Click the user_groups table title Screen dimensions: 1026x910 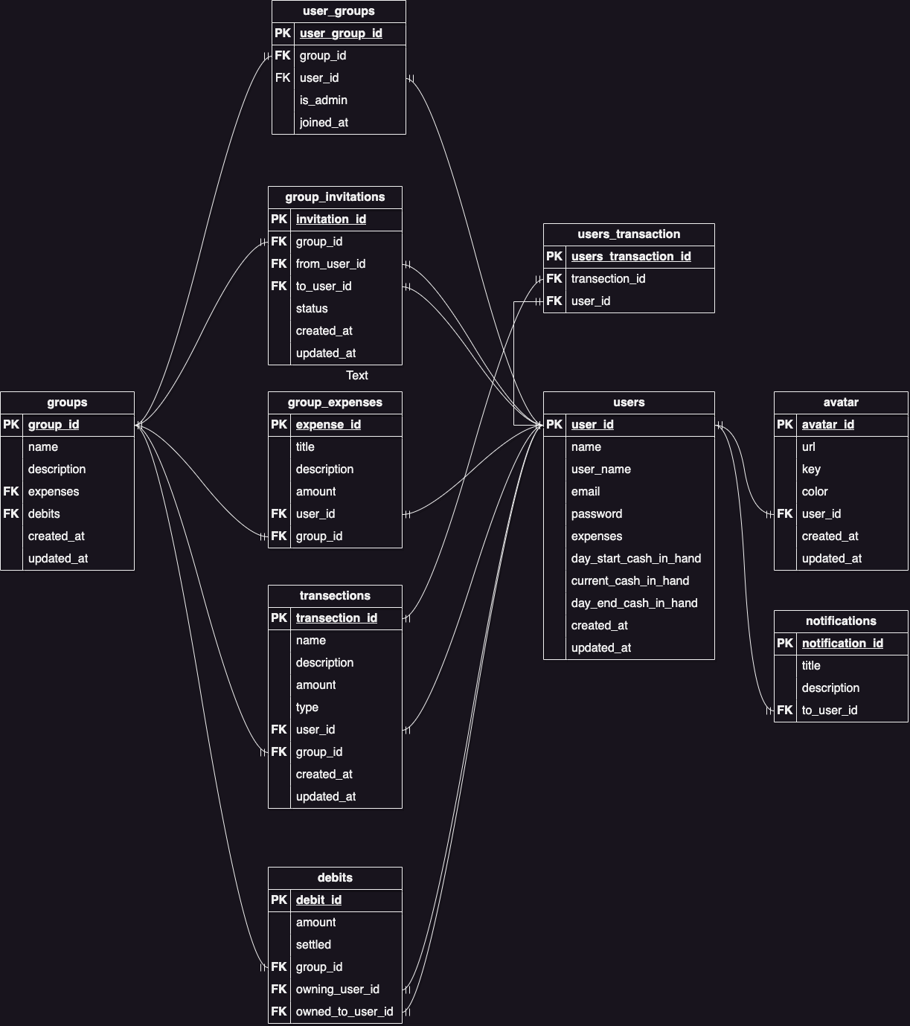click(x=339, y=11)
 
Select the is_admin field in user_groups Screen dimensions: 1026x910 click(x=324, y=100)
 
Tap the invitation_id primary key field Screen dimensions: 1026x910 click(x=331, y=219)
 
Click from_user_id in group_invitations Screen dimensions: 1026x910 click(x=330, y=264)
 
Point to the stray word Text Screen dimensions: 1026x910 click(x=357, y=376)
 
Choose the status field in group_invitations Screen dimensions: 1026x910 click(x=312, y=309)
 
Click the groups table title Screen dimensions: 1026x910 click(x=67, y=403)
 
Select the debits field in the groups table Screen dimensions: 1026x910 click(x=44, y=514)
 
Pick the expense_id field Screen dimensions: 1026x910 click(x=328, y=425)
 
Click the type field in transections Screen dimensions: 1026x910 click(x=307, y=708)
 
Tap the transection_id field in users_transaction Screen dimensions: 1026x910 click(x=608, y=279)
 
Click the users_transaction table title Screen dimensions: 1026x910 click(x=629, y=234)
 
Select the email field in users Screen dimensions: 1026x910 click(x=586, y=492)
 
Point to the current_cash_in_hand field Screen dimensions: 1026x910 click(x=630, y=581)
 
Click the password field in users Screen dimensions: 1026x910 click(x=597, y=514)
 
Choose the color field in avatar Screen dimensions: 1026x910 click(x=815, y=492)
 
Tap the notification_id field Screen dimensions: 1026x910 click(x=842, y=644)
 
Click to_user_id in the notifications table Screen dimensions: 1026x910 click(x=830, y=711)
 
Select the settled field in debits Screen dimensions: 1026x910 click(x=313, y=945)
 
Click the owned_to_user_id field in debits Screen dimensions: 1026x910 click(x=345, y=1012)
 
